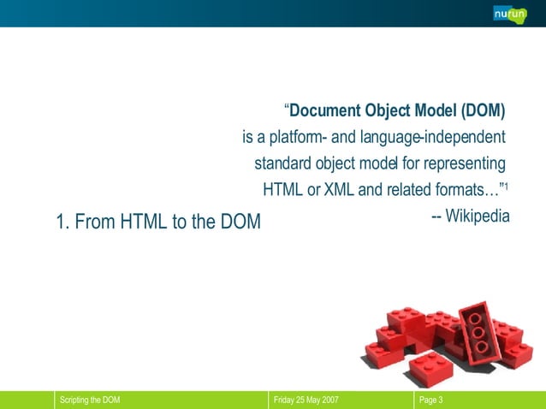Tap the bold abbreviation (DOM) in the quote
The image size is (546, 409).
coord(484,110)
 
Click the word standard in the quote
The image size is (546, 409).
coord(284,163)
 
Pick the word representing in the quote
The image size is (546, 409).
coord(463,163)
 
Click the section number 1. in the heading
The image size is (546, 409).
coord(62,222)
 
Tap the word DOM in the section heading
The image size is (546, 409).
coord(235,222)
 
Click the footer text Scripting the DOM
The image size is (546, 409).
coord(89,400)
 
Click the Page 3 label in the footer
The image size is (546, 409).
coord(430,400)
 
